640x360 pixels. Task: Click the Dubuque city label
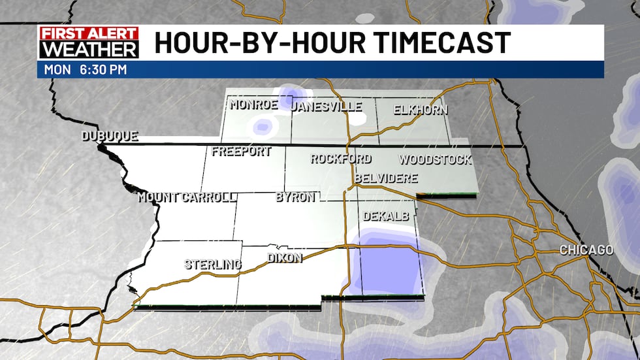tap(109, 137)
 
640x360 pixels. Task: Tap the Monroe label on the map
tap(253, 105)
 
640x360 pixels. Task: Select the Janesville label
tap(327, 106)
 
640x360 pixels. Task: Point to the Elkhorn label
tap(421, 110)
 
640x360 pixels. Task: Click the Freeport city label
tap(242, 152)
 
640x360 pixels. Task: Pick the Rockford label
tap(340, 159)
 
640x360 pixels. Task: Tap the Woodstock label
tap(434, 159)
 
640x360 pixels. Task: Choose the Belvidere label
tap(385, 178)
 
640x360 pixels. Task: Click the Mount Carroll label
tap(187, 197)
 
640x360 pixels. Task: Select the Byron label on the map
tap(295, 197)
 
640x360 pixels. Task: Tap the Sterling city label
tap(212, 265)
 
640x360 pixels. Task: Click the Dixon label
tap(285, 258)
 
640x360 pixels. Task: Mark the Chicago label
tap(586, 250)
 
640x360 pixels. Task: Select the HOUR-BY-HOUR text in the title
tap(254, 43)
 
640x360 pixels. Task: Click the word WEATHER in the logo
tap(88, 50)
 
